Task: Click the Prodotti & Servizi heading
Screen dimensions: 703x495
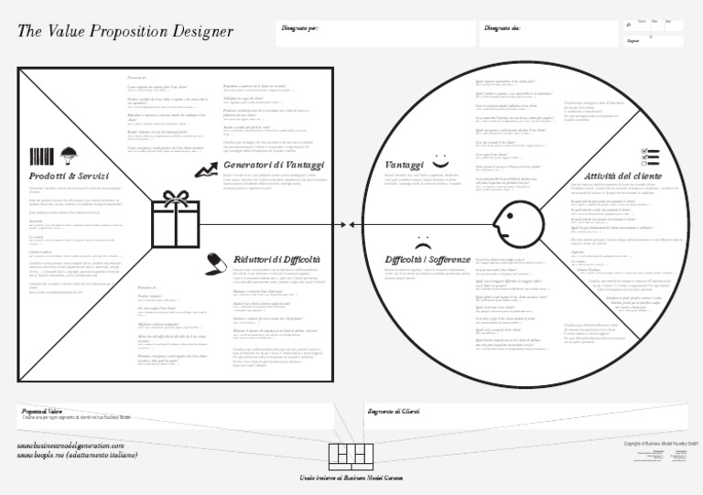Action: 69,175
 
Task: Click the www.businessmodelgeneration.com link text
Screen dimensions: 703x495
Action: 70,444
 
